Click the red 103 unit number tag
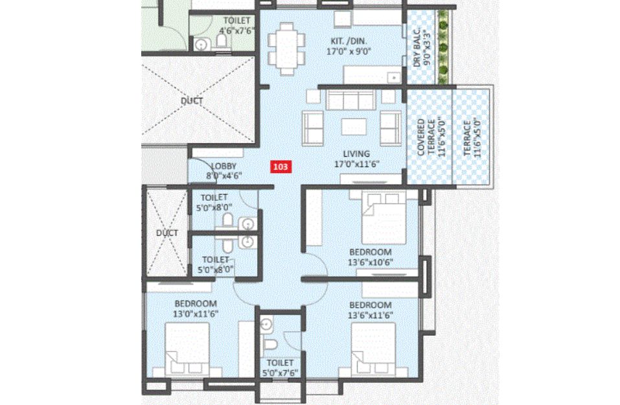pos(281,167)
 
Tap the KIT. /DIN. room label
pos(349,41)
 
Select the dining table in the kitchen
pos(287,49)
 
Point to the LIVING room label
pos(356,154)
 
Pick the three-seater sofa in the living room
pos(350,100)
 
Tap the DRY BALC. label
pos(417,48)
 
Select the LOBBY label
pos(224,166)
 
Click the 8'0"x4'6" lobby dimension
pos(224,176)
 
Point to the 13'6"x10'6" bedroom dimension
pos(370,262)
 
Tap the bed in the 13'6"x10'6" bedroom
pos(384,217)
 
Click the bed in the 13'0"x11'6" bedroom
pos(187,349)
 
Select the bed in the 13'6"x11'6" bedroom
pos(373,349)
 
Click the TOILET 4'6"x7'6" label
pos(236,25)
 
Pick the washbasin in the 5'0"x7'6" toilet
pos(266,324)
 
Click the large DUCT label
pos(192,101)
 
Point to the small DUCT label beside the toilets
pos(167,233)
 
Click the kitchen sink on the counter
pos(393,78)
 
